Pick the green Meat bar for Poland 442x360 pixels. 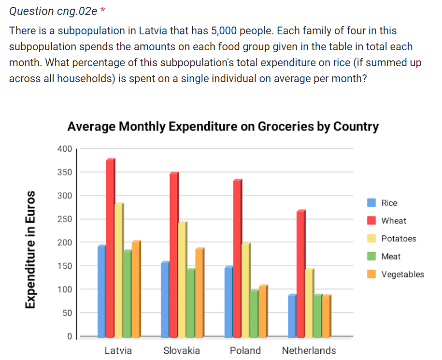pyautogui.click(x=254, y=314)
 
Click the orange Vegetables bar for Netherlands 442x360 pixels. pyautogui.click(x=327, y=316)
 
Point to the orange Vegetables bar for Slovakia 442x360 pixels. pyautogui.click(x=199, y=292)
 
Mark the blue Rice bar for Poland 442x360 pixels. pyautogui.click(x=228, y=302)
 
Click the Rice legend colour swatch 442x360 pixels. pyautogui.click(x=371, y=203)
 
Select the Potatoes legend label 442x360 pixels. pyautogui.click(x=399, y=239)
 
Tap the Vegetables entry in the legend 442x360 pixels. pyautogui.click(x=402, y=274)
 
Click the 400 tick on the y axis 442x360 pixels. pyautogui.click(x=64, y=149)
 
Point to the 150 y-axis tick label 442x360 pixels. pyautogui.click(x=64, y=266)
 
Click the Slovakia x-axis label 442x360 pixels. pyautogui.click(x=182, y=350)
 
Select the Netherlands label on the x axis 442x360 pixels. pyautogui.click(x=309, y=350)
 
